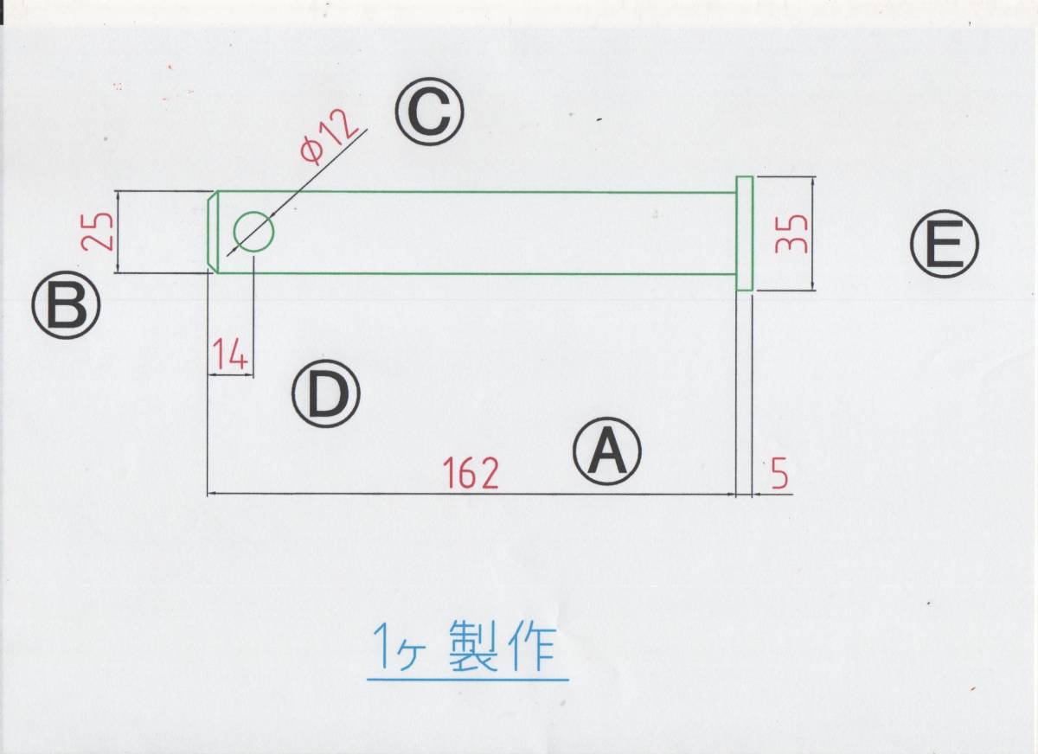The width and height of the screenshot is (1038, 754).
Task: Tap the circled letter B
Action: click(67, 306)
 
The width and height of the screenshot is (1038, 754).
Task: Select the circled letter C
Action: click(430, 112)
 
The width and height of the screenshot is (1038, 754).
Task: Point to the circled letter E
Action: click(943, 246)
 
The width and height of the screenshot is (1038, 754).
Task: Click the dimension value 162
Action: click(471, 473)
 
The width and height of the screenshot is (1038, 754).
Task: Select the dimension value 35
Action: click(791, 233)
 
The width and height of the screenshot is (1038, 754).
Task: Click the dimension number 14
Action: click(230, 355)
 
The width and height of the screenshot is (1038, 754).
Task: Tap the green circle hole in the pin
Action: click(253, 232)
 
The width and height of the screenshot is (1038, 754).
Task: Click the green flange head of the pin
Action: click(745, 233)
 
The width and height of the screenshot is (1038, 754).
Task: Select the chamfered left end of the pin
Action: click(213, 232)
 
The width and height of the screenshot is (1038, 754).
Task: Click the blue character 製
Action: click(474, 647)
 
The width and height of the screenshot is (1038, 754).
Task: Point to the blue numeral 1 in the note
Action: click(381, 647)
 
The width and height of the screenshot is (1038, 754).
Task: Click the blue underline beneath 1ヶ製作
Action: click(467, 679)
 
